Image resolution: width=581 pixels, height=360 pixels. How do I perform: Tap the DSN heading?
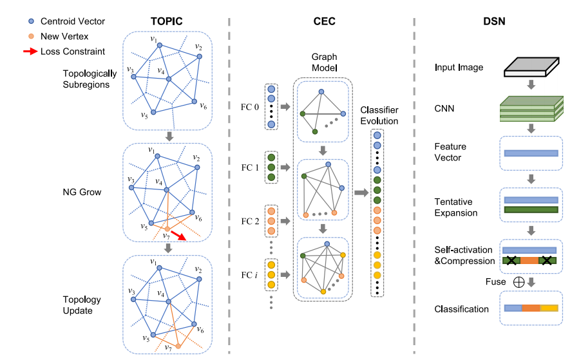coord(493,21)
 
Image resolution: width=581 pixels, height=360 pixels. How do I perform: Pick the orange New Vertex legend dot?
coord(22,36)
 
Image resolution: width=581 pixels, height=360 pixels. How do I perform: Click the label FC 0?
coord(247,106)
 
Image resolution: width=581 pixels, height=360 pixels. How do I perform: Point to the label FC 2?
coord(247,222)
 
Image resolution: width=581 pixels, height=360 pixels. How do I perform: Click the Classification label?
coord(462,309)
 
